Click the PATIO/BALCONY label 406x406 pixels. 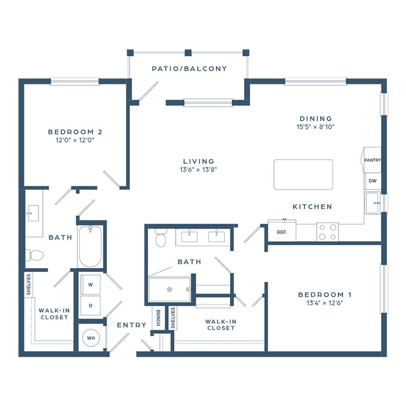click(x=189, y=69)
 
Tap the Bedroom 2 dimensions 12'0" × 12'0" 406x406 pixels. click(x=75, y=140)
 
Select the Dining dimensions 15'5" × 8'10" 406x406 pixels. click(x=316, y=127)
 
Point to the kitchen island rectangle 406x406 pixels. click(x=303, y=175)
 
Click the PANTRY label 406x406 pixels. click(x=372, y=160)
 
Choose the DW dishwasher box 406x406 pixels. click(x=373, y=181)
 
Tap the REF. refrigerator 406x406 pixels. click(x=281, y=232)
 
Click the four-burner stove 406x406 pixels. click(x=328, y=232)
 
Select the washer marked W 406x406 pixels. click(x=90, y=285)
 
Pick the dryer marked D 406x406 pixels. click(x=90, y=305)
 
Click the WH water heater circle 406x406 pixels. click(x=91, y=338)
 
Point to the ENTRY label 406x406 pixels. click(x=132, y=325)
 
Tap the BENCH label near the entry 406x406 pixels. click(x=158, y=318)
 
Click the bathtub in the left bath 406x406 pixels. click(x=90, y=246)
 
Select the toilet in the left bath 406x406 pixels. click(x=34, y=255)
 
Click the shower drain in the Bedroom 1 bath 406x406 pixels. click(x=170, y=289)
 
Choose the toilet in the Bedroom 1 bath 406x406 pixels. click(x=161, y=238)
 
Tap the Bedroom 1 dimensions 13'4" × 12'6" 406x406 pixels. click(x=325, y=303)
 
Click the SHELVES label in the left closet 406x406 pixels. click(x=28, y=284)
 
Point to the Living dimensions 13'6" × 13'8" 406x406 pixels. click(x=198, y=170)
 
